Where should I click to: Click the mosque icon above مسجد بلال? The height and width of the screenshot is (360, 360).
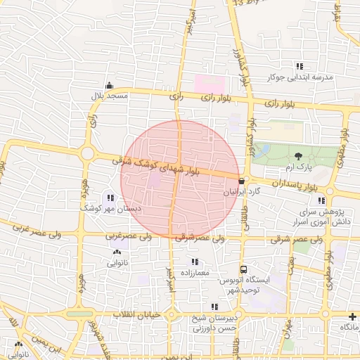point(108,86)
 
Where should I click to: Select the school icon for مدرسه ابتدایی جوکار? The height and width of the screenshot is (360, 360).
point(300,66)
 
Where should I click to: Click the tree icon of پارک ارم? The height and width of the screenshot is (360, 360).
point(298,156)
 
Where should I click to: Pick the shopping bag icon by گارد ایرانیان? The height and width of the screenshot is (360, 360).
point(241,181)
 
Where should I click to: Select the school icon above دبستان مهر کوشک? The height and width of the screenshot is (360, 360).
point(111,198)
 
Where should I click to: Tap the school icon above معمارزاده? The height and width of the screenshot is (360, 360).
point(195,262)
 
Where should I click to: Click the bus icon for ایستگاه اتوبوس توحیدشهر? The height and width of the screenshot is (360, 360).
point(243,269)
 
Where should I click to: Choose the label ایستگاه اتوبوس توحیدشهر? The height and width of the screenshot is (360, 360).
point(243,285)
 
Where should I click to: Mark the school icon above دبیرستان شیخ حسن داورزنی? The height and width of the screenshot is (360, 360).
point(214,307)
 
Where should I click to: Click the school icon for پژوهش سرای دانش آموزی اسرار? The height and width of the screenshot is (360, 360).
point(321,201)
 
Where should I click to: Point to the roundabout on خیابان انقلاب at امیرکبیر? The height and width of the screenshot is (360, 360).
point(172,314)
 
